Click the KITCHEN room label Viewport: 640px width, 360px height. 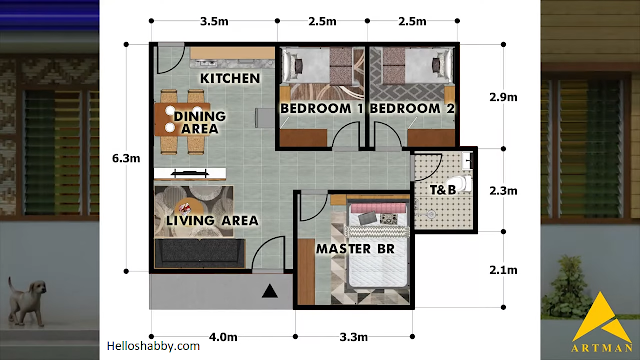tap(230, 78)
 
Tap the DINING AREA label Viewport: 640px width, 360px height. tap(200, 122)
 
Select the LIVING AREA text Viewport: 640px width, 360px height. tap(212, 221)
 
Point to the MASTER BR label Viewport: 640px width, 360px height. tap(355, 249)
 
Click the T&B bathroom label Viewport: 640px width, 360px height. tap(443, 190)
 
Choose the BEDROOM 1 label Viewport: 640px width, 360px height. tap(322, 109)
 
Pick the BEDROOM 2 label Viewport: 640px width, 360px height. tap(412, 109)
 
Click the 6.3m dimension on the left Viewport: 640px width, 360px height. tap(126, 158)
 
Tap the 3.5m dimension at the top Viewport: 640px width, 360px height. tap(214, 21)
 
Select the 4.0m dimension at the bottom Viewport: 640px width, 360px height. tap(223, 337)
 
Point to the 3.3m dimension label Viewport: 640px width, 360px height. tap(354, 337)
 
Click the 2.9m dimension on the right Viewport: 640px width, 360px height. tap(503, 97)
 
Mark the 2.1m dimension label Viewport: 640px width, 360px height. tap(503, 270)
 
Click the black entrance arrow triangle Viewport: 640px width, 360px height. tap(270, 291)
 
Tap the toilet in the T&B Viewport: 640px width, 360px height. tap(460, 183)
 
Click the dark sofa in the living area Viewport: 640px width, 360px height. tap(200, 253)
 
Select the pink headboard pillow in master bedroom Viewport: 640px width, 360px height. tap(378, 208)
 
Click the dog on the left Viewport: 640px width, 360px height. tap(27, 302)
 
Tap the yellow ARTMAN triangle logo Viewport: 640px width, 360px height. tap(602, 318)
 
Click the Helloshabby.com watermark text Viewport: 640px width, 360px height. tap(153, 347)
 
